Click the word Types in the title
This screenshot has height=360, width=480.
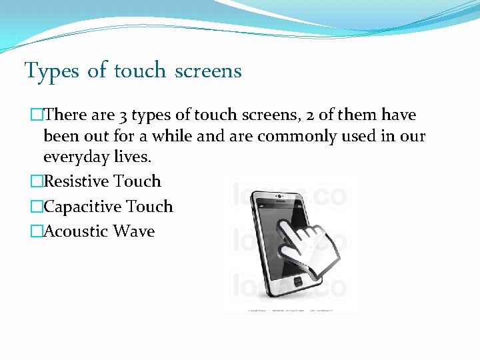click(x=53, y=71)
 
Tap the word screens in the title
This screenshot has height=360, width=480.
click(x=208, y=71)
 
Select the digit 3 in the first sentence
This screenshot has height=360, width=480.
click(x=123, y=115)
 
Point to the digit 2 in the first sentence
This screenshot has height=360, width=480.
click(x=309, y=115)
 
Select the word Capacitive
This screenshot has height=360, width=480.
click(x=82, y=207)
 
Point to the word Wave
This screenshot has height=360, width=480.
click(x=134, y=231)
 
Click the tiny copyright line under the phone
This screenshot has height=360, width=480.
click(x=291, y=311)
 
